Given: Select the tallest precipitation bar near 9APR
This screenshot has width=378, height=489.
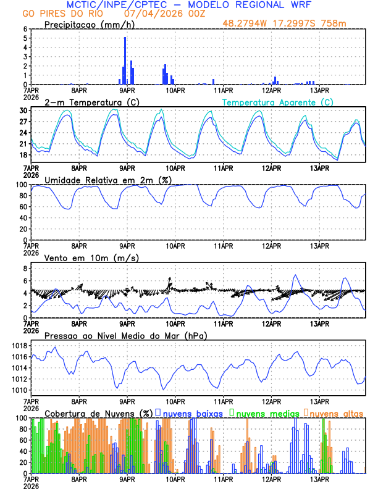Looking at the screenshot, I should click(125, 61).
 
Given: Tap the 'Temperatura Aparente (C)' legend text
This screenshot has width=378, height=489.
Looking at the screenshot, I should click(278, 102).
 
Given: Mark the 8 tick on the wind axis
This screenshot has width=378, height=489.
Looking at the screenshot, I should click(25, 269).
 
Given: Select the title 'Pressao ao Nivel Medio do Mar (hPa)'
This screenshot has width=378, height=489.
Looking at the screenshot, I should click(125, 335).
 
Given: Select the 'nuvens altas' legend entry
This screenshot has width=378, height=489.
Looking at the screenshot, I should click(335, 412).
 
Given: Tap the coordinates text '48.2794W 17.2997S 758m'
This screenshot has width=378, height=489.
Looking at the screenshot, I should click(293, 24).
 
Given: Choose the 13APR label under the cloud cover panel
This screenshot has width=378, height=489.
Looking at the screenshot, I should click(319, 479).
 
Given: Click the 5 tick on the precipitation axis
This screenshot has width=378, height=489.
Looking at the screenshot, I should click(25, 38).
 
